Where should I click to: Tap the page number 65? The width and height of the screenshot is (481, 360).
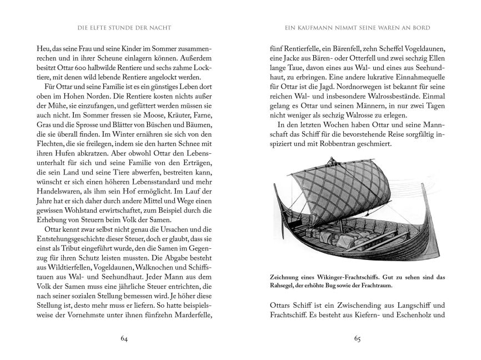tap(350, 338)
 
